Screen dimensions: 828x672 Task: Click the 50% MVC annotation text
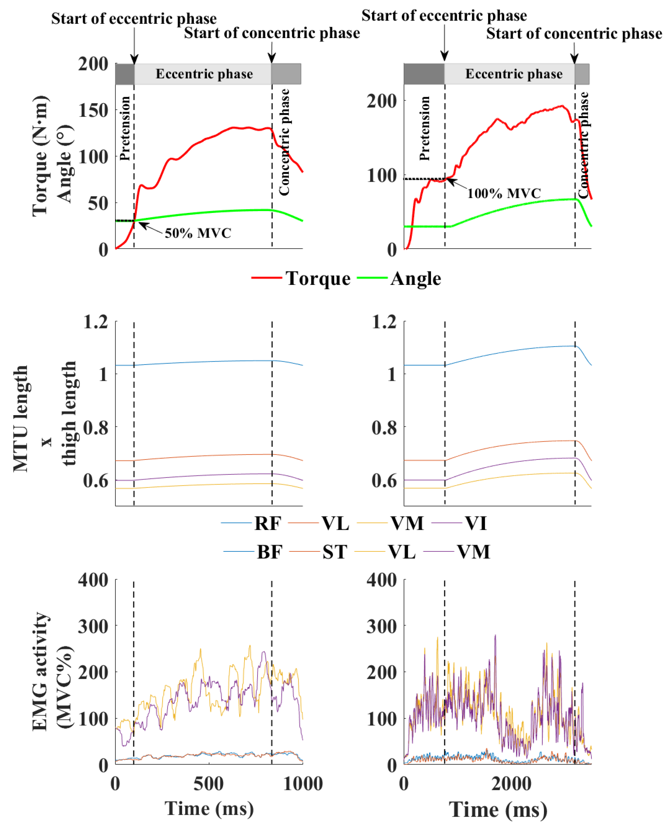[x=198, y=233]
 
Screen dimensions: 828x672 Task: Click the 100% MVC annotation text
[x=504, y=193]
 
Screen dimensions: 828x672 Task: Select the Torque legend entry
[x=317, y=279]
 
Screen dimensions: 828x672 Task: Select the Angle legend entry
[x=415, y=279]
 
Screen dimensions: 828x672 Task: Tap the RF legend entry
[x=267, y=523]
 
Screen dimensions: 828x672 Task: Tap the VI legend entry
[x=476, y=523]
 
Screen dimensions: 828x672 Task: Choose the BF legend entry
[x=269, y=552]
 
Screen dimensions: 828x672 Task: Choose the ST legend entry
[x=335, y=552]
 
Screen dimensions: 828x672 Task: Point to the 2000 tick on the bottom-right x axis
[x=511, y=784]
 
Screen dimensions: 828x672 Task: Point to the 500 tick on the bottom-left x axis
[x=209, y=784]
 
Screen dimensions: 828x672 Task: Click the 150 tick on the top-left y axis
[x=93, y=110]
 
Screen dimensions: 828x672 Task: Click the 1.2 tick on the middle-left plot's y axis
[x=95, y=322]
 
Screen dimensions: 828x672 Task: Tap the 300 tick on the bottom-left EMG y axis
[x=93, y=626]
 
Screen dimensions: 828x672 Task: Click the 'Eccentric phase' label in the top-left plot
[x=204, y=74]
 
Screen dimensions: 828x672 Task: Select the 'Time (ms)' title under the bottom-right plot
[x=498, y=810]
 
